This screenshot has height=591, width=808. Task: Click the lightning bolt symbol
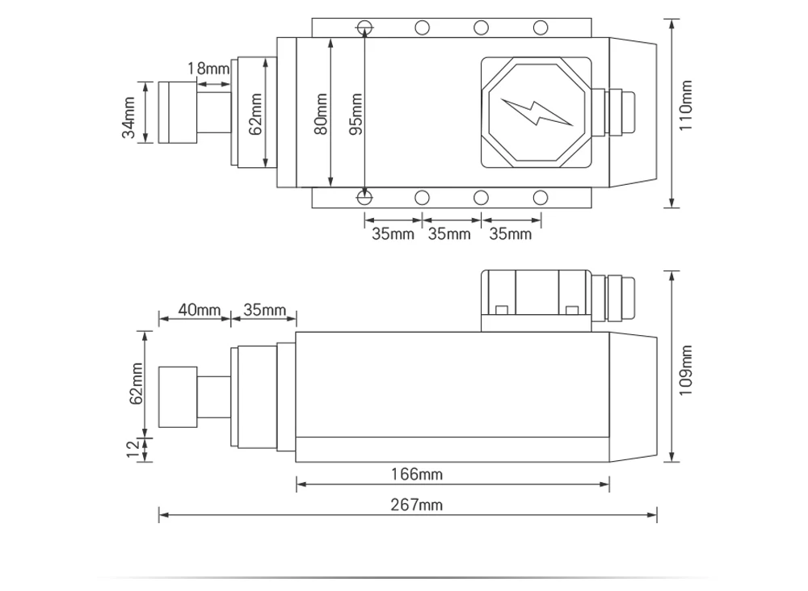[x=537, y=112]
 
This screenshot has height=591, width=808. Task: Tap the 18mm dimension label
[x=208, y=69]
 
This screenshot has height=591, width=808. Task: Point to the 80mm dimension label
[x=322, y=114]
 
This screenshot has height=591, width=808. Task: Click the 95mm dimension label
[x=356, y=114]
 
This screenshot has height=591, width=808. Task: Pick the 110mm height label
[x=687, y=106]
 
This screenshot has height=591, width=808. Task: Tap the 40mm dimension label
[x=199, y=310]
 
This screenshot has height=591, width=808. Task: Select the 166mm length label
[x=417, y=475]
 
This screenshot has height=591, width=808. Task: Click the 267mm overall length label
[x=417, y=505]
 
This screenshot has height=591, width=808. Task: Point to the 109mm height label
[x=686, y=369]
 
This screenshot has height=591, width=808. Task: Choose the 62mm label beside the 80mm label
[x=255, y=114]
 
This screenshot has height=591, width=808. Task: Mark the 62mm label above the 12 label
[x=136, y=383]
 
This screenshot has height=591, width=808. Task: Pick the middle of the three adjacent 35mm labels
[x=449, y=234]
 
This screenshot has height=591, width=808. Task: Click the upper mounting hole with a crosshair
[x=365, y=27]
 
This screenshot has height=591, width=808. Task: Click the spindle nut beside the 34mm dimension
[x=177, y=112]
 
